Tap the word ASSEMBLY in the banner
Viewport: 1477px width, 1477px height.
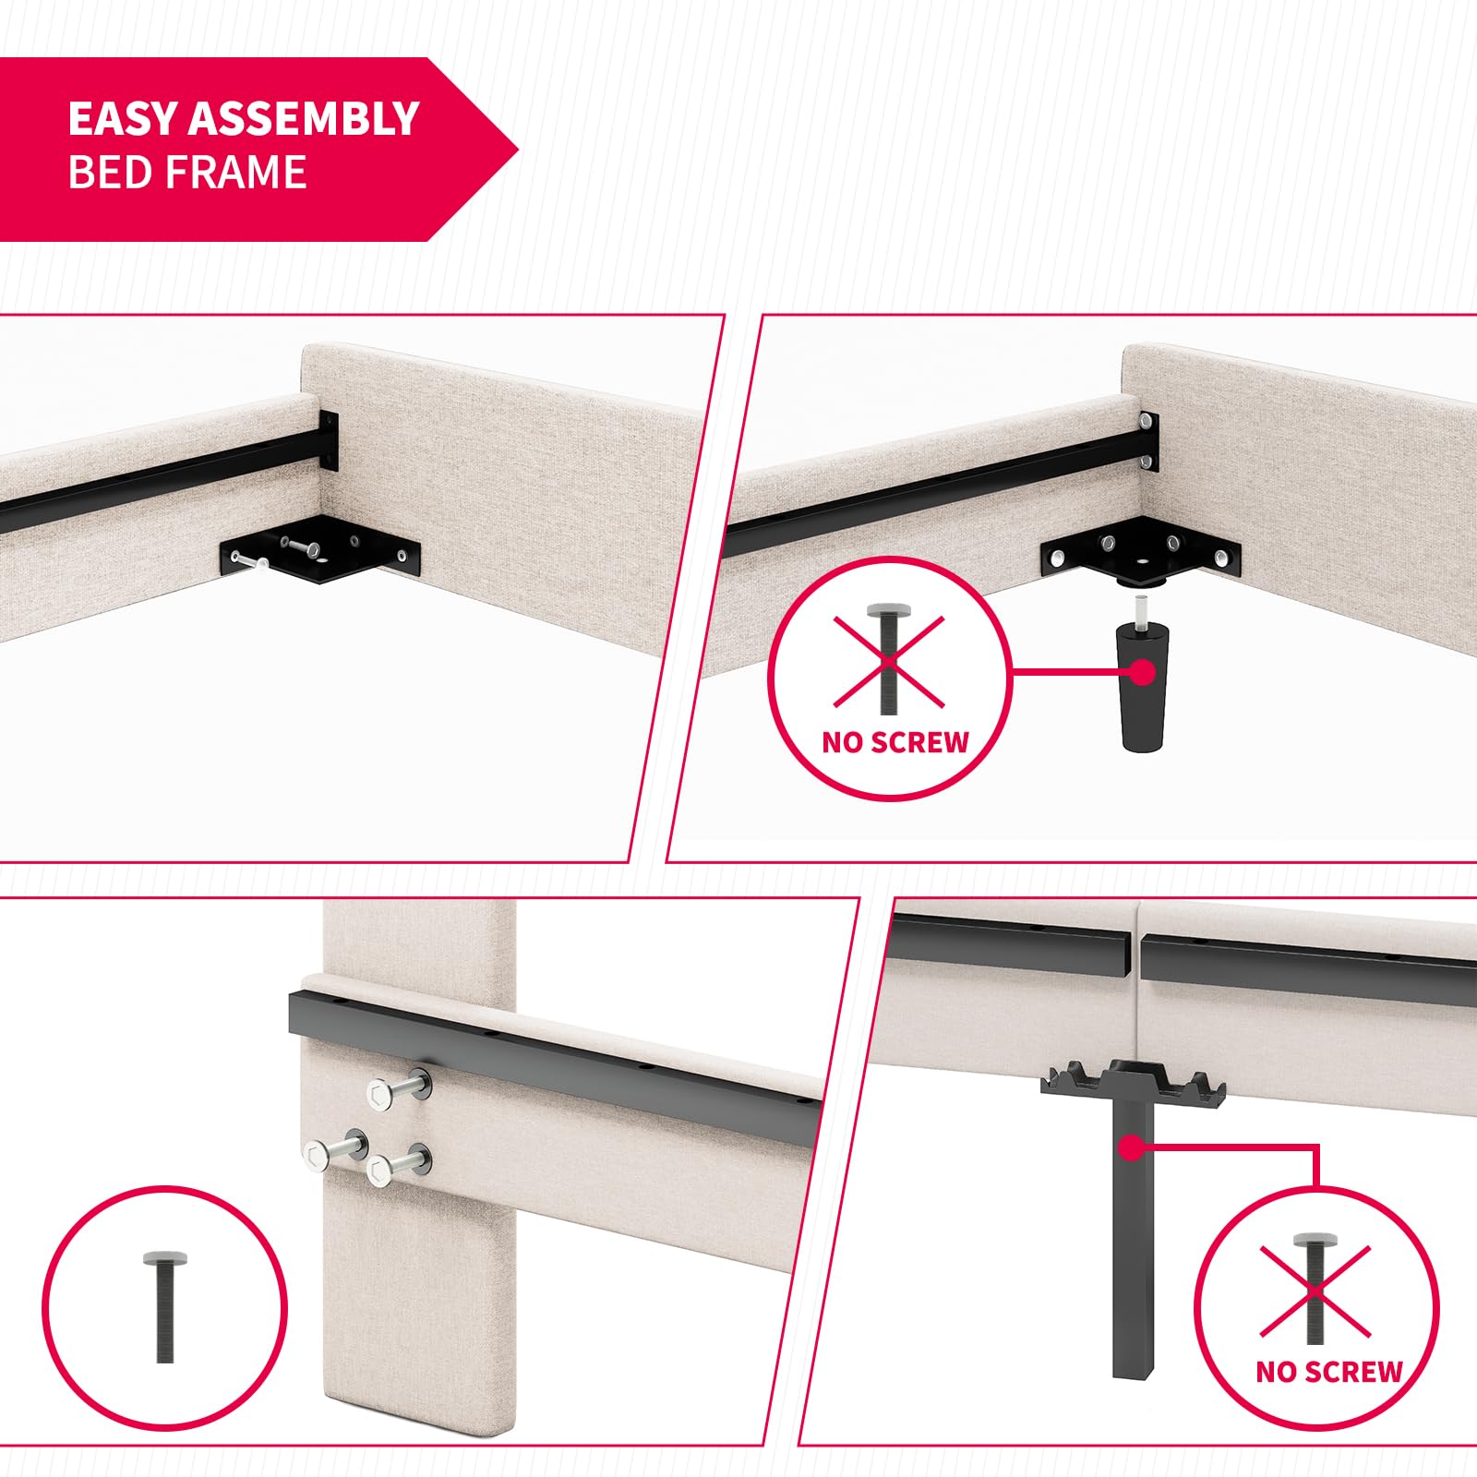click(305, 118)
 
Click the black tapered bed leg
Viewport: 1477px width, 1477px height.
click(1143, 684)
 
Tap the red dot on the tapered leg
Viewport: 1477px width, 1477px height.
click(1143, 671)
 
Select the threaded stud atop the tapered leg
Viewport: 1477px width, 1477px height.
click(1141, 610)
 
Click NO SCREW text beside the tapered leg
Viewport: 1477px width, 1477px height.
click(895, 741)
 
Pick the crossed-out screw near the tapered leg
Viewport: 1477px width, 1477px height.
click(889, 659)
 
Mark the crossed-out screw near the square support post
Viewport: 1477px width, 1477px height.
click(1315, 1289)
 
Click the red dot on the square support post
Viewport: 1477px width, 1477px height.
click(1130, 1147)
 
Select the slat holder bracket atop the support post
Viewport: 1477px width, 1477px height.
click(1133, 1082)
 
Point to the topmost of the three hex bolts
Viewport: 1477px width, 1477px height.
click(400, 1089)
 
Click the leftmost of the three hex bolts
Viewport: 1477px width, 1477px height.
click(335, 1149)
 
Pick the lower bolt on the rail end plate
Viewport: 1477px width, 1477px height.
click(1146, 461)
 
